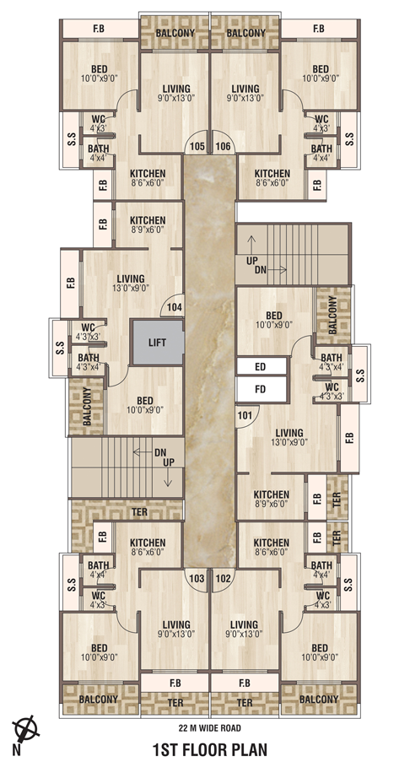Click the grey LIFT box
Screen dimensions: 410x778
pyautogui.click(x=157, y=343)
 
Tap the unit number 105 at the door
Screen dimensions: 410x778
pyautogui.click(x=197, y=146)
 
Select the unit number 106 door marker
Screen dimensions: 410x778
pyautogui.click(x=224, y=146)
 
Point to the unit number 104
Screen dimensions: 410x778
pyautogui.click(x=174, y=308)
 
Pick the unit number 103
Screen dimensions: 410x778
pyautogui.click(x=197, y=579)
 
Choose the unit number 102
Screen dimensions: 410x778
pyautogui.click(x=224, y=579)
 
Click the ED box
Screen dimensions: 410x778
pyautogui.click(x=262, y=367)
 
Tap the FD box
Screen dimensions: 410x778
pyautogui.click(x=262, y=389)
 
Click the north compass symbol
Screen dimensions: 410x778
pyautogui.click(x=26, y=729)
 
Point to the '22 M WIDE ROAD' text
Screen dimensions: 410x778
pyautogui.click(x=210, y=728)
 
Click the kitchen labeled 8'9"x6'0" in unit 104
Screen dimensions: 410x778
pyautogui.click(x=148, y=224)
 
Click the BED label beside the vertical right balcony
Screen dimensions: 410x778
pyautogui.click(x=273, y=316)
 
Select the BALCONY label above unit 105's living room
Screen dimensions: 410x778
pyautogui.click(x=175, y=33)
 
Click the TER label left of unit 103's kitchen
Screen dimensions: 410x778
pyautogui.click(x=140, y=511)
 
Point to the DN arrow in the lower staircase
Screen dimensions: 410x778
pyautogui.click(x=143, y=452)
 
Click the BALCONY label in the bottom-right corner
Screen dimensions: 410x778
pyautogui.click(x=319, y=700)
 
